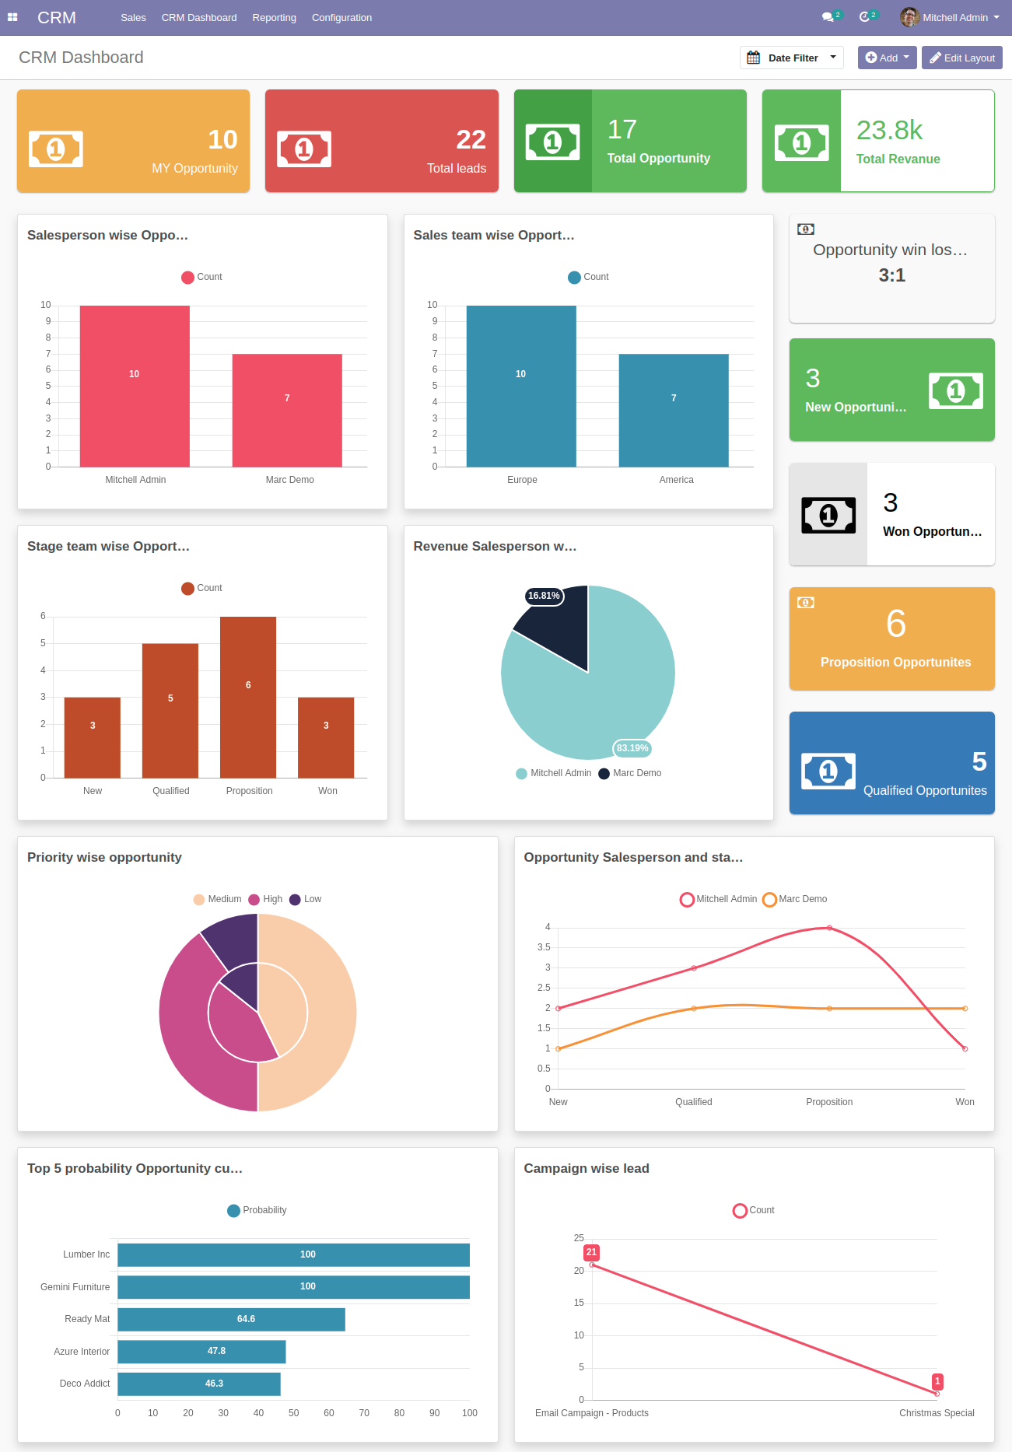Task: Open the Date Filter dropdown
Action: click(791, 58)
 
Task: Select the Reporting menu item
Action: click(274, 17)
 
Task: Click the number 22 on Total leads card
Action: click(471, 139)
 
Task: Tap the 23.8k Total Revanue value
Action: click(889, 130)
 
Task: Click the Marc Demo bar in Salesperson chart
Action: click(287, 410)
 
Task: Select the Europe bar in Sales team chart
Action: click(520, 387)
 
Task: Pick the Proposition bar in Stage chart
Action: click(248, 697)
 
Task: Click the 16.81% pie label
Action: click(544, 596)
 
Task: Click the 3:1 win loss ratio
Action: click(891, 275)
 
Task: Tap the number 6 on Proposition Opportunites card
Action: click(895, 624)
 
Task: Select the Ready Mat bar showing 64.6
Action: click(231, 1319)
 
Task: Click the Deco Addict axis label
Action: click(85, 1384)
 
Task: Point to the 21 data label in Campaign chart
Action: click(591, 1252)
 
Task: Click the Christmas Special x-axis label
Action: click(936, 1413)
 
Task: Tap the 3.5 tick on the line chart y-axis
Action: click(544, 947)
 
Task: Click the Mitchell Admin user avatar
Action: click(909, 17)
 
